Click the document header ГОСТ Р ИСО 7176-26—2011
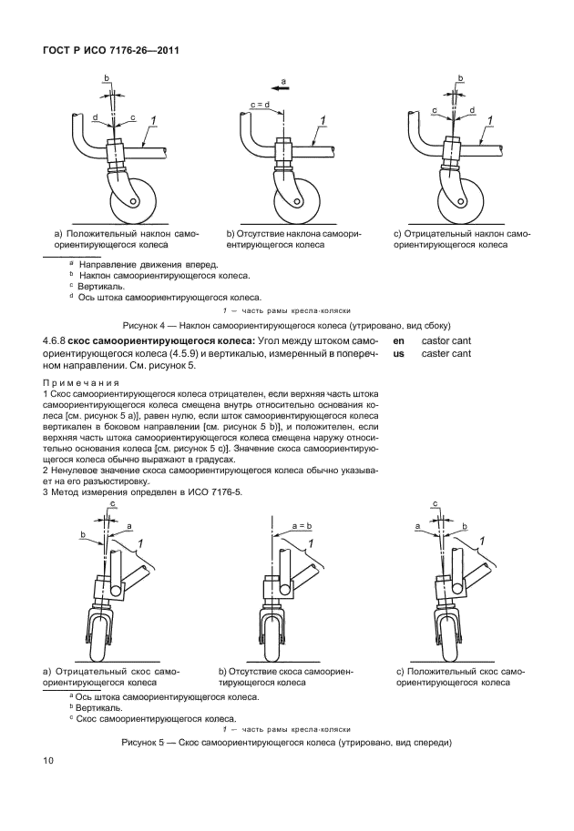point(109,51)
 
